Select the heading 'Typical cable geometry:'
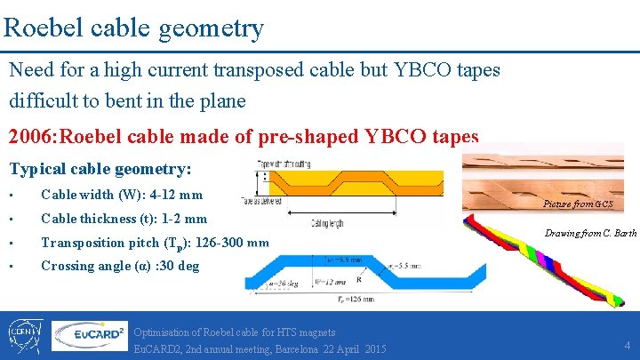coord(100,168)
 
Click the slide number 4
coord(627,345)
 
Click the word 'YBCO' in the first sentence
coord(430,69)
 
